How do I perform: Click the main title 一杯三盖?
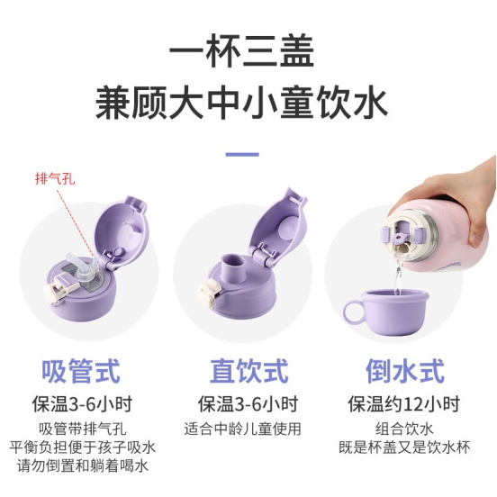(241, 51)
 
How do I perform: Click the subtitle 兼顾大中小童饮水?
(241, 104)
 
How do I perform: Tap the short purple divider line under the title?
(242, 155)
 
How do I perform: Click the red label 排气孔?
(55, 179)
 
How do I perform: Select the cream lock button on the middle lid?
(209, 294)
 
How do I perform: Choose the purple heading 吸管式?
(81, 371)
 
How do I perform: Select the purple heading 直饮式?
(249, 371)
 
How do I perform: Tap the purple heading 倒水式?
(405, 371)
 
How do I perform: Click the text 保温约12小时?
(403, 404)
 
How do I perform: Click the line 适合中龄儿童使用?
(243, 429)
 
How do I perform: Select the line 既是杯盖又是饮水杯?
(404, 447)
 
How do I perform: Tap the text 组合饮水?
(404, 429)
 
